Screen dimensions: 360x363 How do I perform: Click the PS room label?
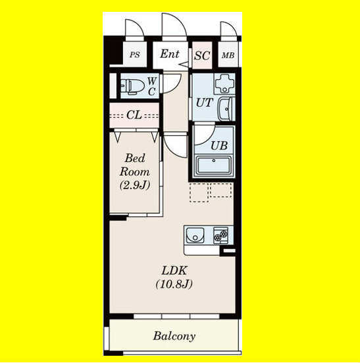[x=134, y=55]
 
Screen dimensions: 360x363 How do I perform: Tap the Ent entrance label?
[x=170, y=54]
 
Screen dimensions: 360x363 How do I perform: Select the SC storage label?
[x=202, y=55]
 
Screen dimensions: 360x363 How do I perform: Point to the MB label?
[x=228, y=55]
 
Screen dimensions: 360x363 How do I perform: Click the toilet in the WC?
[x=132, y=87]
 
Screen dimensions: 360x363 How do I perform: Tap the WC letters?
[x=152, y=86]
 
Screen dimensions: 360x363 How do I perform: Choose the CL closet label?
[x=134, y=115]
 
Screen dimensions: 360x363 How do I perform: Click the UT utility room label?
[x=204, y=103]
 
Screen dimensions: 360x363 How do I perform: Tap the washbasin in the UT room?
[x=226, y=109]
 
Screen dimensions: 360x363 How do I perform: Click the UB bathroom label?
[x=219, y=146]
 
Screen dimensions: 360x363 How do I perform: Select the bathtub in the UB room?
[x=214, y=165]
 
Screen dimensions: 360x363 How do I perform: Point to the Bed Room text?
[x=134, y=165]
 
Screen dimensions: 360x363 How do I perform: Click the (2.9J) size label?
[x=135, y=185]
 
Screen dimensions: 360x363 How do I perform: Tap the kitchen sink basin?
[x=195, y=235]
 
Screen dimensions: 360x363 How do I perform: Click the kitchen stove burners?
[x=220, y=235]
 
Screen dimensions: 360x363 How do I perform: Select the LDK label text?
[x=174, y=270]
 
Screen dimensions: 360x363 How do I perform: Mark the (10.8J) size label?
[x=174, y=284]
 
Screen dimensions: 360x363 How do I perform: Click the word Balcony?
[x=174, y=336]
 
